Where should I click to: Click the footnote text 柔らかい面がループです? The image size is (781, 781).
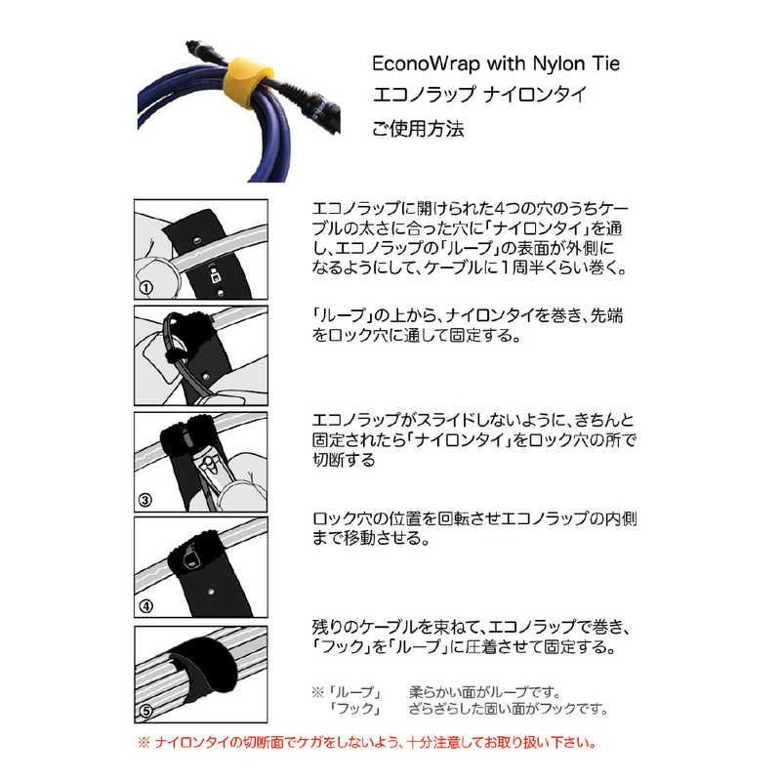point(488,691)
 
